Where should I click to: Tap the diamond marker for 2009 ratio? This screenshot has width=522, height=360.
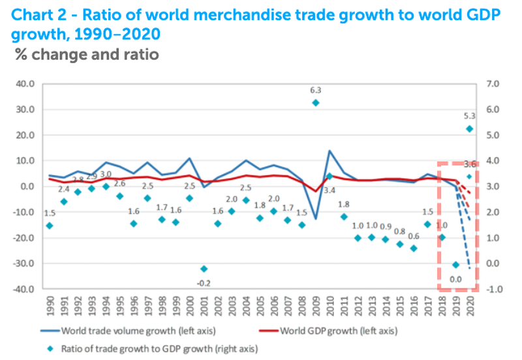316,102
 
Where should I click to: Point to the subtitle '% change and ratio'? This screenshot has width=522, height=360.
87,54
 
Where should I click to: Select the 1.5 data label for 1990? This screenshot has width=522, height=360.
50,212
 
